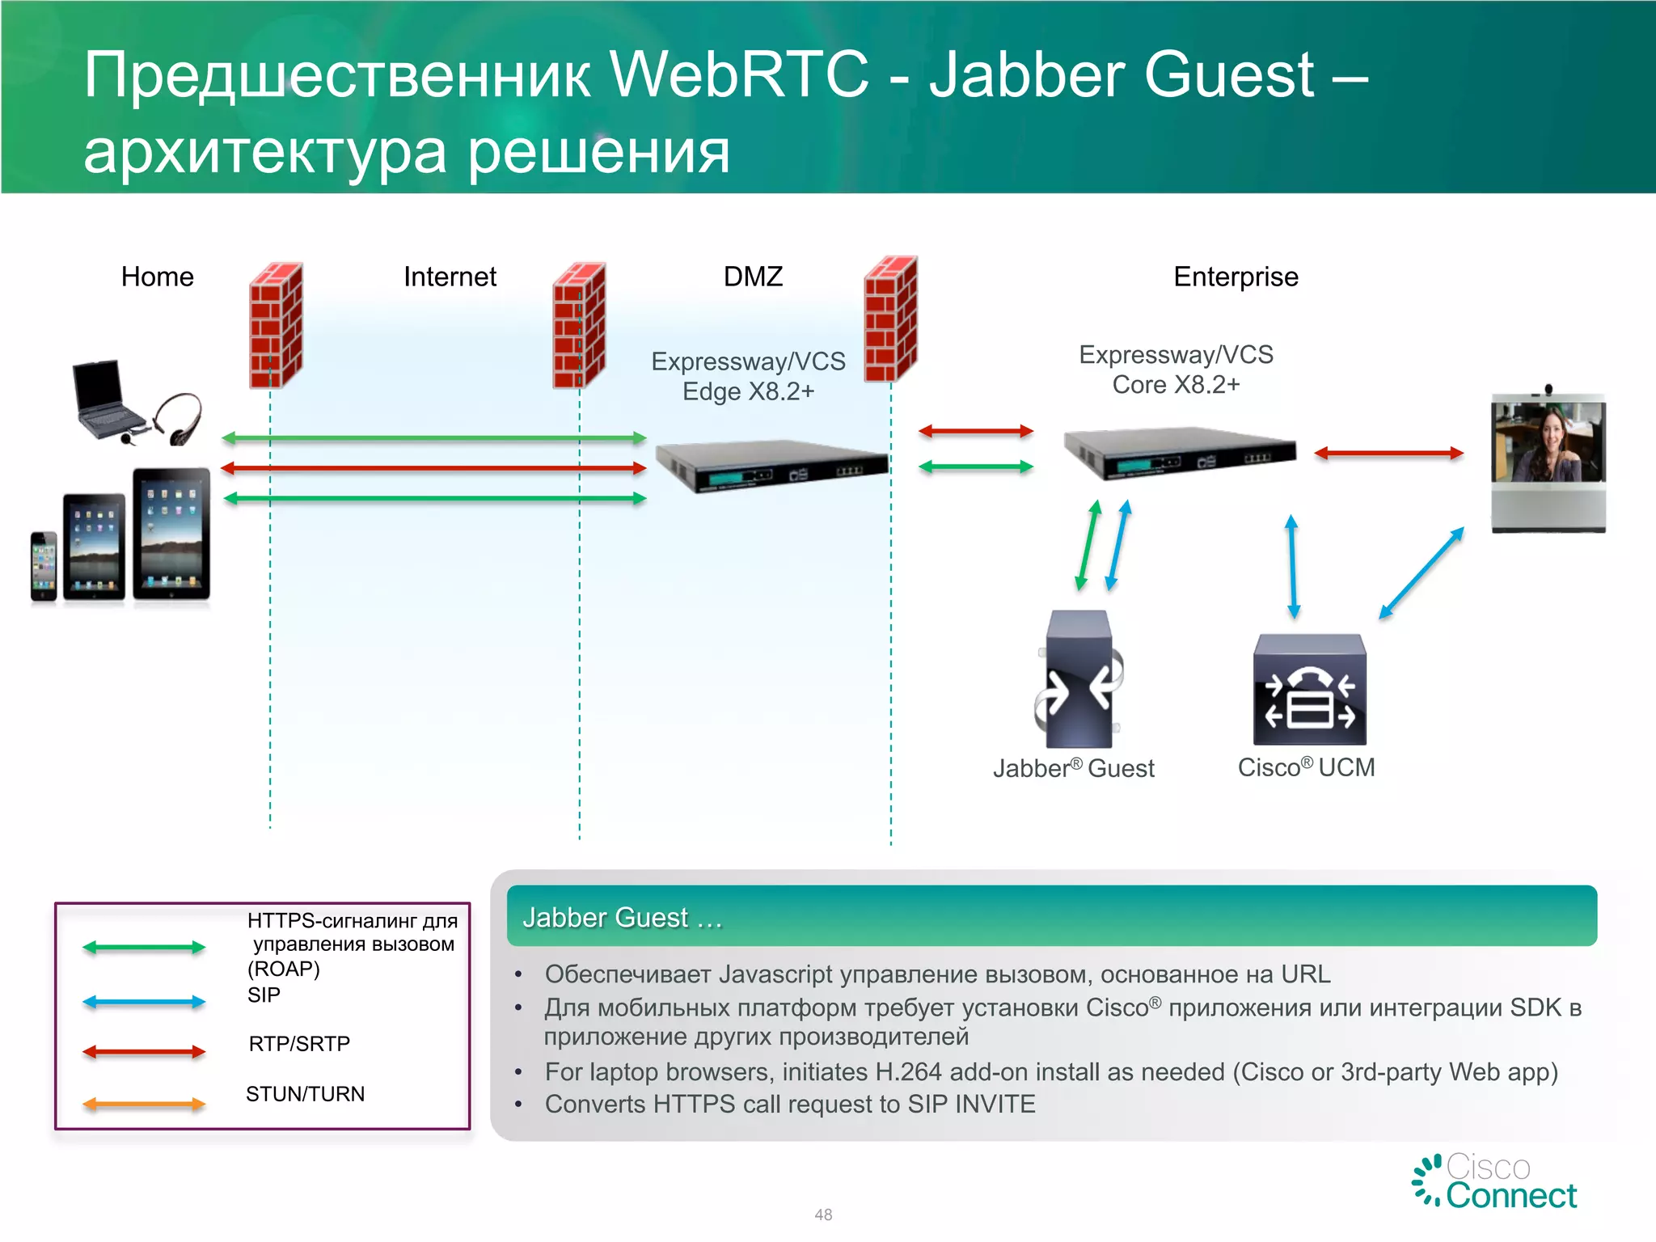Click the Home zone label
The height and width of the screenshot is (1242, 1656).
pyautogui.click(x=157, y=277)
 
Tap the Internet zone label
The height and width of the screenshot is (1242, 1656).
pyautogui.click(x=450, y=277)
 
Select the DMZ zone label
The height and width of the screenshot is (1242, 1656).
pyautogui.click(x=752, y=277)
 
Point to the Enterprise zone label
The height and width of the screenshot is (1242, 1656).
pyautogui.click(x=1235, y=277)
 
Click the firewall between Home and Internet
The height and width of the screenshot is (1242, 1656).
pyautogui.click(x=276, y=325)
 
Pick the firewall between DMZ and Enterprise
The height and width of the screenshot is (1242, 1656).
pyautogui.click(x=890, y=319)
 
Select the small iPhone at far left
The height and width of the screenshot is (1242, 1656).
pyautogui.click(x=44, y=566)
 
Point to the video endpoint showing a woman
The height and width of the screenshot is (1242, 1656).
pyautogui.click(x=1548, y=461)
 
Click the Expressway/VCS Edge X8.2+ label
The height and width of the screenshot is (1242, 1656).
pyautogui.click(x=748, y=376)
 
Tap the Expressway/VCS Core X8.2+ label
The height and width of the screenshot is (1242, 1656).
pyautogui.click(x=1176, y=370)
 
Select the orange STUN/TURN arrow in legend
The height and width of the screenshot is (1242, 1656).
pyautogui.click(x=144, y=1104)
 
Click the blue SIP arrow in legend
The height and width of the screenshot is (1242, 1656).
pyautogui.click(x=144, y=1002)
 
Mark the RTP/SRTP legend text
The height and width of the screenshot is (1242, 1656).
pyautogui.click(x=299, y=1044)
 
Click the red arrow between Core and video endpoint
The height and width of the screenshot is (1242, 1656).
pyautogui.click(x=1388, y=454)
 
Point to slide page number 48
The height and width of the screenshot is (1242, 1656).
pyautogui.click(x=823, y=1215)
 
